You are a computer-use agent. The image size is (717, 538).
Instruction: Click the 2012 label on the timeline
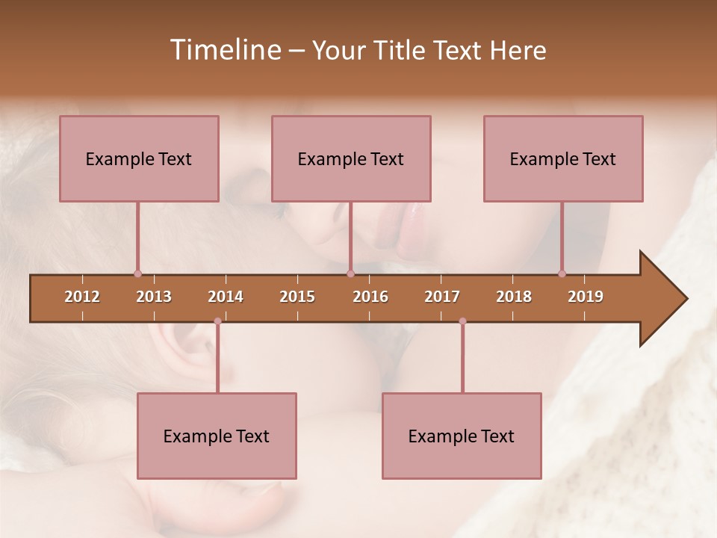click(x=82, y=297)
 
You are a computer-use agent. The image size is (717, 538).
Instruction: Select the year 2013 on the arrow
click(x=154, y=297)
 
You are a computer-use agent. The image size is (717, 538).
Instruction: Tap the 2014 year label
click(x=226, y=297)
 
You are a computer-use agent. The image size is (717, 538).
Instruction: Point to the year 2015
click(x=297, y=297)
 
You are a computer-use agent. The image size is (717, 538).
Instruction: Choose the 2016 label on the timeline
click(x=370, y=297)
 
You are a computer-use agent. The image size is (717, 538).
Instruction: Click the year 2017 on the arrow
click(x=442, y=297)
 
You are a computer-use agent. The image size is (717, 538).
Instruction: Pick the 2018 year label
click(x=514, y=297)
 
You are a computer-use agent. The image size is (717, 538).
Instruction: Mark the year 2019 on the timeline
click(x=586, y=297)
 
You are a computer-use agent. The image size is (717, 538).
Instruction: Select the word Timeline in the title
click(x=224, y=50)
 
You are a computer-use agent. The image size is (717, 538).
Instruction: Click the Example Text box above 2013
click(x=139, y=158)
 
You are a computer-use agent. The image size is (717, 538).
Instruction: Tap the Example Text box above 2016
click(x=351, y=158)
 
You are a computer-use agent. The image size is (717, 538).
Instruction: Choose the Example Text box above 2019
click(x=563, y=158)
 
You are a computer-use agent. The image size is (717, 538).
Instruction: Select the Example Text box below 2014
click(x=217, y=436)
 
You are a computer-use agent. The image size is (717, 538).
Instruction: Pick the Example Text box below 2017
click(x=462, y=436)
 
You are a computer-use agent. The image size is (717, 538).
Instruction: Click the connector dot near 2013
click(x=137, y=273)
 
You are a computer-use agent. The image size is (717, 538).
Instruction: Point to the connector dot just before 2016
click(x=350, y=273)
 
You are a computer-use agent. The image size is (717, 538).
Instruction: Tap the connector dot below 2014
click(x=217, y=321)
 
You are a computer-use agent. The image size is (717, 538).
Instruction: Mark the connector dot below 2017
click(x=462, y=321)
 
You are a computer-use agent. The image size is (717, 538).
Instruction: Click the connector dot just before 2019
click(x=562, y=273)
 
